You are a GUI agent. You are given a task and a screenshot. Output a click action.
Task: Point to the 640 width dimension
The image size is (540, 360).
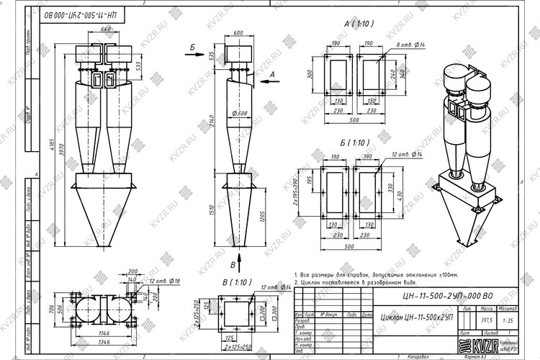(x=107, y=29)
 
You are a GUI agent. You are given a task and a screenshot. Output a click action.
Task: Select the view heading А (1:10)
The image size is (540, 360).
(x=357, y=24)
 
